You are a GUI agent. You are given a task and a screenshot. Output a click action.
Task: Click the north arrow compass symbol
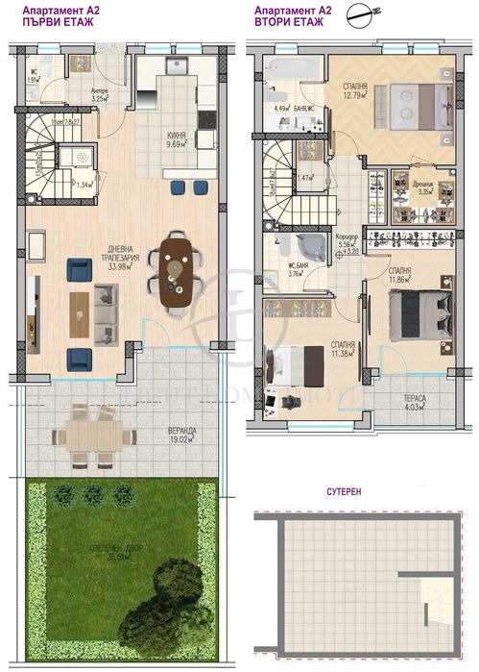361,14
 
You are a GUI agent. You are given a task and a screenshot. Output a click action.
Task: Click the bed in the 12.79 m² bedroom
413,100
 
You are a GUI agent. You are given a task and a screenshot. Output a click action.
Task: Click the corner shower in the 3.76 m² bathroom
284,245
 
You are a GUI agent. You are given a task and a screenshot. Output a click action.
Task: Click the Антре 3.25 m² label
100,94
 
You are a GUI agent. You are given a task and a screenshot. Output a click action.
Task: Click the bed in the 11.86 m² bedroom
420,311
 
